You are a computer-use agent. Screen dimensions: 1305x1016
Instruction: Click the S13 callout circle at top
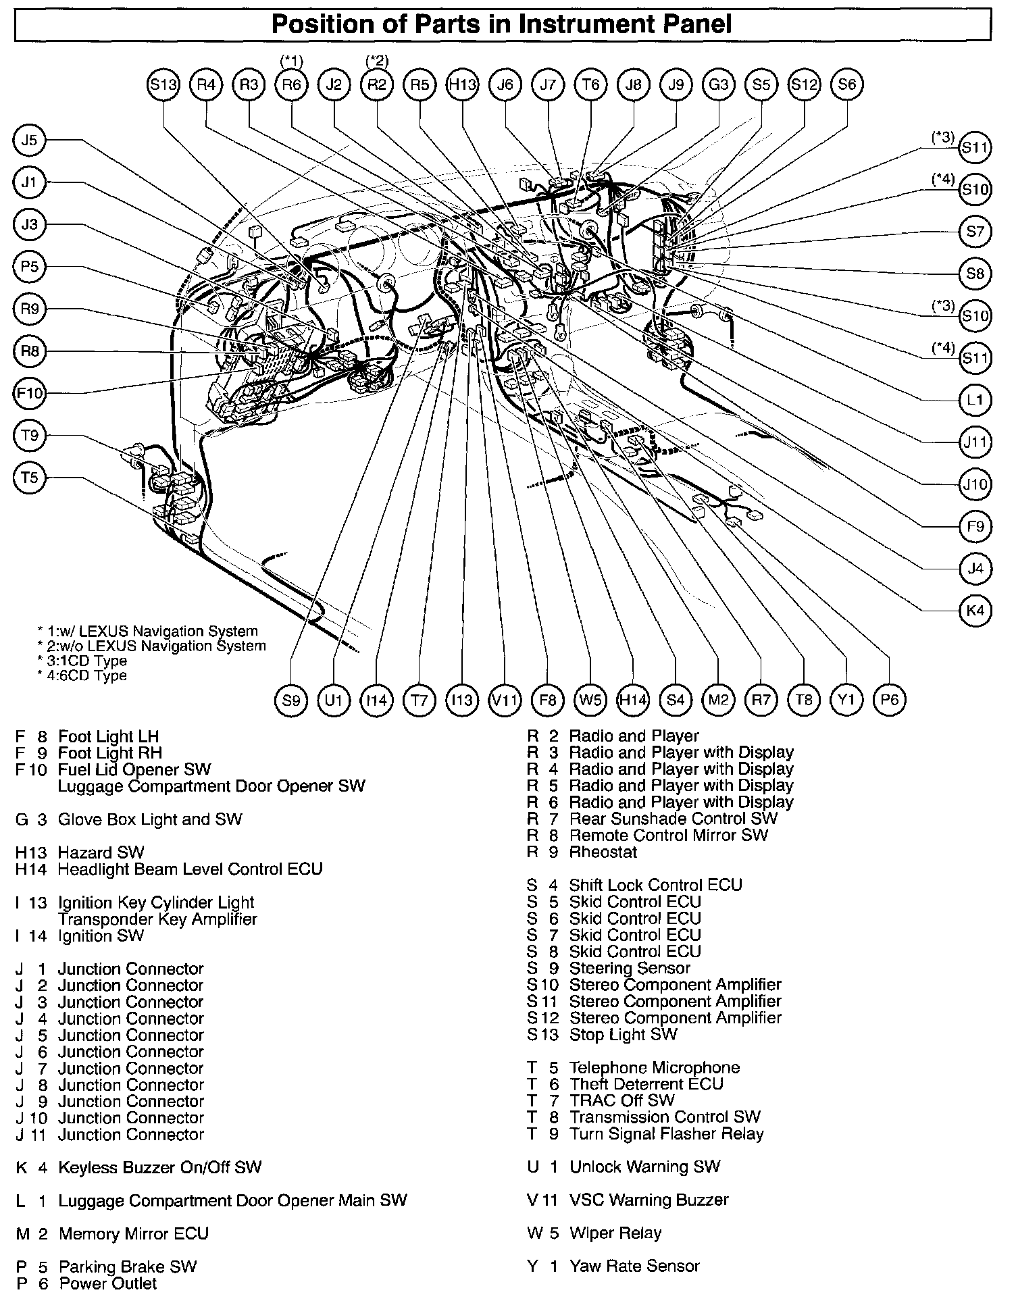pyautogui.click(x=163, y=84)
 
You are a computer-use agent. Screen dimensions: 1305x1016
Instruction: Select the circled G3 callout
pyautogui.click(x=718, y=84)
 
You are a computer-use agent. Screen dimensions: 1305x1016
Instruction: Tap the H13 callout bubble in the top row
pyautogui.click(x=463, y=84)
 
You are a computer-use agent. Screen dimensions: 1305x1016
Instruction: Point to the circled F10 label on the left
pyautogui.click(x=29, y=393)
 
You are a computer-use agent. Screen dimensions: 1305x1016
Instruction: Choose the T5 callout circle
pyautogui.click(x=29, y=478)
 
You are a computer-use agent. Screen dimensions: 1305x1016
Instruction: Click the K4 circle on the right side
pyautogui.click(x=975, y=611)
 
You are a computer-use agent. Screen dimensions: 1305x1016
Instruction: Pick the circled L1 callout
pyautogui.click(x=975, y=400)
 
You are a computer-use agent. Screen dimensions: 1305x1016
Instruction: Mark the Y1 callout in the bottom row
pyautogui.click(x=846, y=700)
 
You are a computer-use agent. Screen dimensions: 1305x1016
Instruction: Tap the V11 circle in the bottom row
pyautogui.click(x=505, y=700)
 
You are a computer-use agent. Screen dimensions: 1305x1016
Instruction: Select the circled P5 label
pyautogui.click(x=29, y=267)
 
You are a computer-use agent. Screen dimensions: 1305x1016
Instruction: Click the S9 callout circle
pyautogui.click(x=291, y=700)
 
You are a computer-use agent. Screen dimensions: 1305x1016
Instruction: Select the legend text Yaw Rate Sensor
pyautogui.click(x=634, y=1266)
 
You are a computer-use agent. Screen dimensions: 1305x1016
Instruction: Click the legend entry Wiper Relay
pyautogui.click(x=615, y=1233)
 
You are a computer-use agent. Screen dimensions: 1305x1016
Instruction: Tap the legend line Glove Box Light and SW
pyautogui.click(x=149, y=819)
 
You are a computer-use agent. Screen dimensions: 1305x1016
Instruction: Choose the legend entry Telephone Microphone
pyautogui.click(x=654, y=1067)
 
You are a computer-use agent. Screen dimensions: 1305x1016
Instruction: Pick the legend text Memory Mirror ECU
pyautogui.click(x=133, y=1233)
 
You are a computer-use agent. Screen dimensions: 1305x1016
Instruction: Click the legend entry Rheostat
pyautogui.click(x=603, y=852)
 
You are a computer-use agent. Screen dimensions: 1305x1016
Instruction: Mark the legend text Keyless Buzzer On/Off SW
pyautogui.click(x=159, y=1167)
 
